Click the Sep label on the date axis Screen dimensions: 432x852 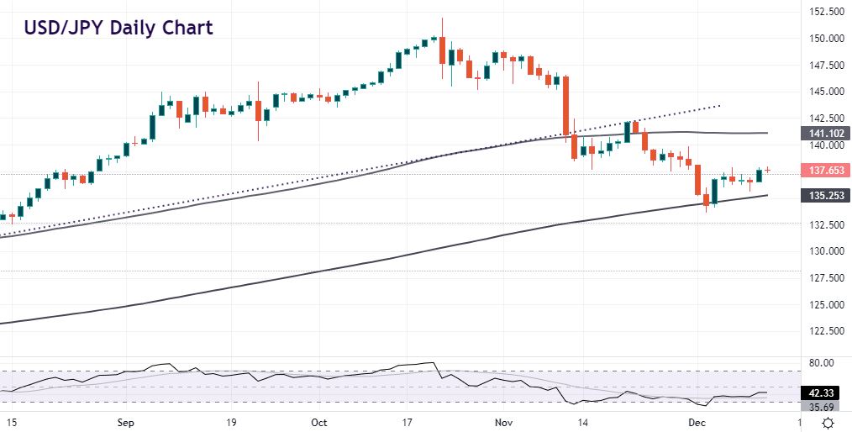coord(125,422)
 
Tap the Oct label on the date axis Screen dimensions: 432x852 coord(319,422)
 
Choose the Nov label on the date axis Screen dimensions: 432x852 coord(502,422)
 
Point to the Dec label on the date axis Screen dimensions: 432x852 coord(697,422)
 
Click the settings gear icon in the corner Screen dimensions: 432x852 coord(828,422)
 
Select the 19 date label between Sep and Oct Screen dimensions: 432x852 coord(230,422)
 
